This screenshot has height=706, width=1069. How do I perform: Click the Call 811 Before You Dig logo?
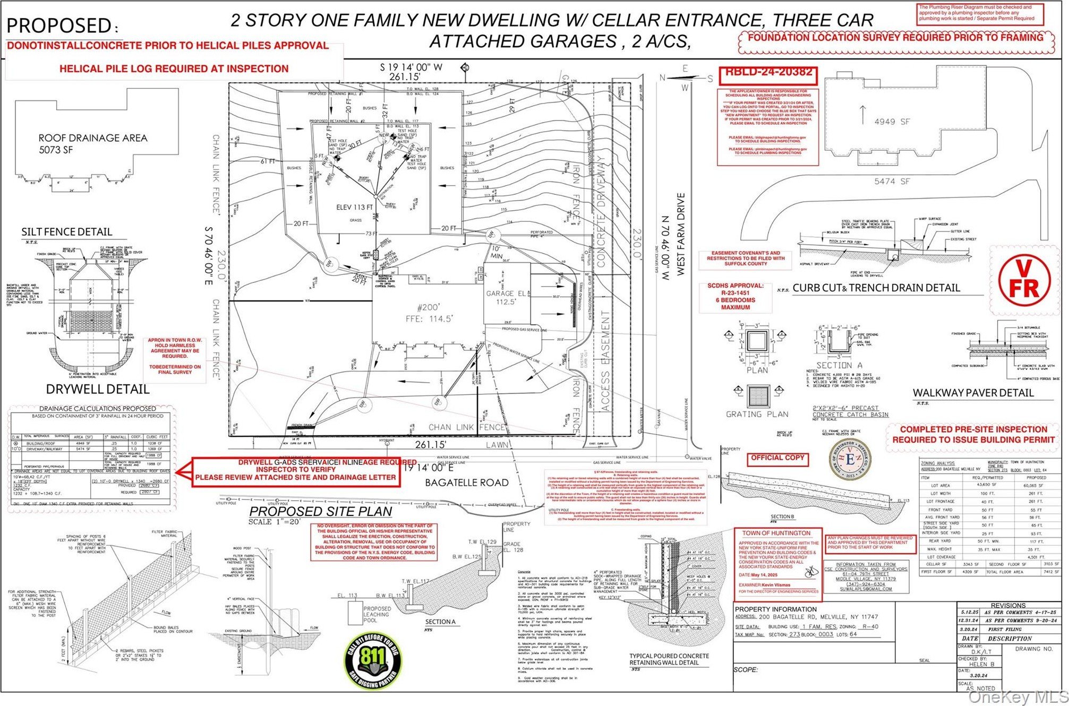click(x=373, y=660)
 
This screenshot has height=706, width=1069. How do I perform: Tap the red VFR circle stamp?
click(x=1024, y=280)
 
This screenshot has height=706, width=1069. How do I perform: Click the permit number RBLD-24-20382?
click(x=768, y=72)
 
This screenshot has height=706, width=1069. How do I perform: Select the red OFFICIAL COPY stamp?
click(x=778, y=458)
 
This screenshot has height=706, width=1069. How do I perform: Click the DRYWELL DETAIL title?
click(x=98, y=389)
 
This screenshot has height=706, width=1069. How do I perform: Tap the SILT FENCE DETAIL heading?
click(x=67, y=232)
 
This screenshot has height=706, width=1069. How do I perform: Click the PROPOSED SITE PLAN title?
click(x=321, y=511)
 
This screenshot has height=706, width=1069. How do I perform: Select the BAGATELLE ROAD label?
click(x=467, y=483)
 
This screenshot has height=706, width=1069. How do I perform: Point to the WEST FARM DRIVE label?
click(x=681, y=234)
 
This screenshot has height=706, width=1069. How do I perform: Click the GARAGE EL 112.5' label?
click(x=507, y=297)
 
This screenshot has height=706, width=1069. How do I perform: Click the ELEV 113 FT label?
click(x=355, y=207)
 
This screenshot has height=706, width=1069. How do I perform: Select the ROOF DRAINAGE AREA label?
click(x=92, y=138)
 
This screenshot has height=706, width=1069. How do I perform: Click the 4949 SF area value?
click(x=892, y=122)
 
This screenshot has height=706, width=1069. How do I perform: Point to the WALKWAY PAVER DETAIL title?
click(x=973, y=393)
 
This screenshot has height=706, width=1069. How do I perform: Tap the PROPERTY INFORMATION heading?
click(x=775, y=609)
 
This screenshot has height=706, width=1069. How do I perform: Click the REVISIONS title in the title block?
click(x=1008, y=605)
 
